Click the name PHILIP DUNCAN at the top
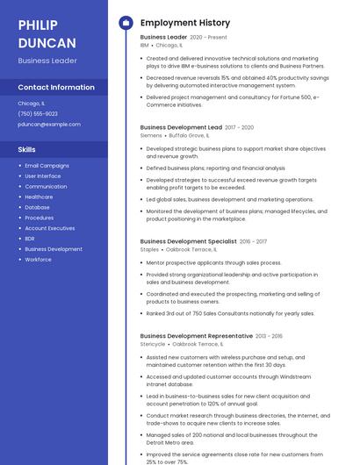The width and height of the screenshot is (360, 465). coord(47,33)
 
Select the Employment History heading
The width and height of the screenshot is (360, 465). coord(184,23)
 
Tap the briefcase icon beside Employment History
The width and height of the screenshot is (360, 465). coord(125,23)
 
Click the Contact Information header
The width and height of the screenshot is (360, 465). coord(56,88)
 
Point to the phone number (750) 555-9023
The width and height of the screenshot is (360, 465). coord(38,114)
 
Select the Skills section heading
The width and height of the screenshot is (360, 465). coord(26,149)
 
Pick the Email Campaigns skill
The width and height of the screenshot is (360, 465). coord(47,166)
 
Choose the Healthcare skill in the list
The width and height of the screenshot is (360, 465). coord(39,197)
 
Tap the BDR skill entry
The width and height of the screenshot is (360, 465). coord(30,239)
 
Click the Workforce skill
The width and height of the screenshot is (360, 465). coord(38,260)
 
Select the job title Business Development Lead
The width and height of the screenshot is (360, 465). coord(181,127)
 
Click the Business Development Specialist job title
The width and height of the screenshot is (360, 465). coord(188,240)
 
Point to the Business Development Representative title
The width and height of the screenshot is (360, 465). coord(197,336)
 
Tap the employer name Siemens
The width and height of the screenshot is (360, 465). coord(151,136)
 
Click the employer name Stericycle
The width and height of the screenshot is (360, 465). coord(153,344)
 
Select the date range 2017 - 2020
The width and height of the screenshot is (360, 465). coord(239,127)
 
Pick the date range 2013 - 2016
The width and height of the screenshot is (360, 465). coord(269,336)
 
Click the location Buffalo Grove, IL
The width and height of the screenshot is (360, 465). coord(189,136)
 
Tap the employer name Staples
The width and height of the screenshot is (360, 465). coord(149,249)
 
